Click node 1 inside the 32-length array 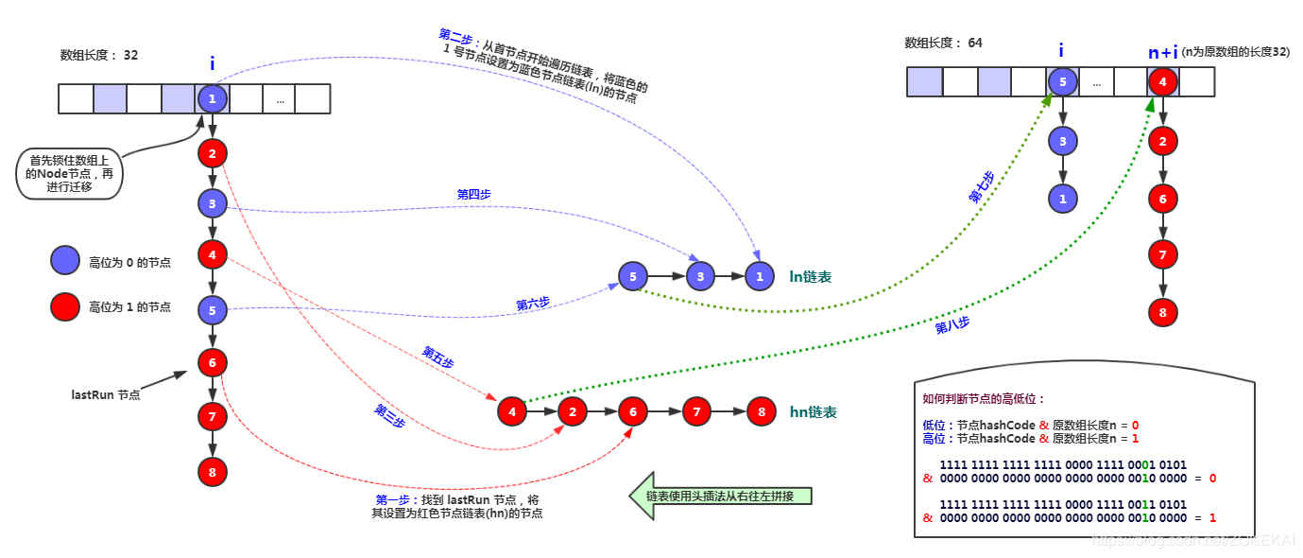click(x=213, y=98)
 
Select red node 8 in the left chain click(x=213, y=471)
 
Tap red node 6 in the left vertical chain click(x=213, y=362)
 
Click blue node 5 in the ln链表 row click(x=632, y=276)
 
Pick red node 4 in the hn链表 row click(x=512, y=411)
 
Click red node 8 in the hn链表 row click(x=760, y=411)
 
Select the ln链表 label click(x=811, y=277)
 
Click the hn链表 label click(x=813, y=412)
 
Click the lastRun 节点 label click(x=106, y=394)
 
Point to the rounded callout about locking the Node click(x=70, y=174)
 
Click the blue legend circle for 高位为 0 click(x=65, y=262)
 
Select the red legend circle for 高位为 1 click(x=65, y=306)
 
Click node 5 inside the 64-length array click(x=1062, y=82)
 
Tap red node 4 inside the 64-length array click(x=1163, y=82)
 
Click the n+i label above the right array click(x=1163, y=53)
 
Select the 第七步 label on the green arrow click(x=982, y=187)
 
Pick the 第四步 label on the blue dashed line click(x=473, y=194)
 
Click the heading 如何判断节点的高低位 click(x=984, y=399)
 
